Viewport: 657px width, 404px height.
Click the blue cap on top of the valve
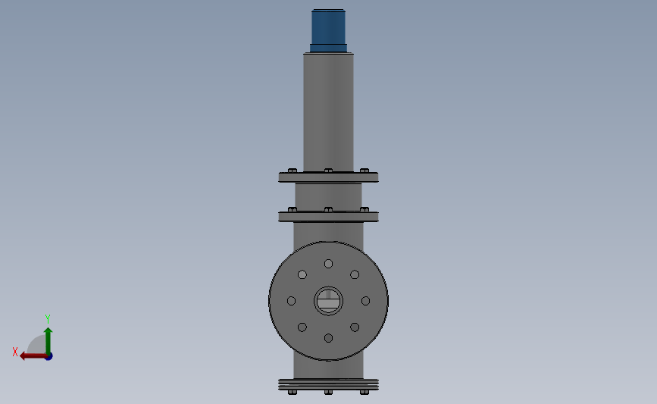click(x=328, y=29)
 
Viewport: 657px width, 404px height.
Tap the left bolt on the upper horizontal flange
click(x=293, y=171)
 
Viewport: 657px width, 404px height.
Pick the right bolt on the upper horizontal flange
click(x=364, y=171)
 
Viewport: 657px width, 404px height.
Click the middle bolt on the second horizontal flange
click(x=328, y=209)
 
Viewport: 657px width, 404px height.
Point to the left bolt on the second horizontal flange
click(x=293, y=209)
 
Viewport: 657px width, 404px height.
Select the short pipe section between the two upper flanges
click(x=328, y=196)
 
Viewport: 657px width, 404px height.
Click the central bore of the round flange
click(x=328, y=301)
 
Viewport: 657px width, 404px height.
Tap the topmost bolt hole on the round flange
click(x=328, y=264)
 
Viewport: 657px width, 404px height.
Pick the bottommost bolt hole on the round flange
click(x=328, y=338)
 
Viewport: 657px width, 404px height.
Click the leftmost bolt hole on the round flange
click(x=291, y=301)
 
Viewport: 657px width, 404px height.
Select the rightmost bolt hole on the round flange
click(x=365, y=301)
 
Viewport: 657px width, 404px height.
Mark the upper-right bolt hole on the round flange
click(x=355, y=274)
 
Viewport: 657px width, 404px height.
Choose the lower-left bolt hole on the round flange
click(x=302, y=327)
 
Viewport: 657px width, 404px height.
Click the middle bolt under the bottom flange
click(x=328, y=393)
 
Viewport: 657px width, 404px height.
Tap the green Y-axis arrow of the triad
click(x=48, y=339)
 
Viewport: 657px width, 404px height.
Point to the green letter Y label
click(x=47, y=319)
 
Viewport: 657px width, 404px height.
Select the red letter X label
click(x=15, y=352)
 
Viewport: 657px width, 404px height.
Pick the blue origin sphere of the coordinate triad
click(x=48, y=356)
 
